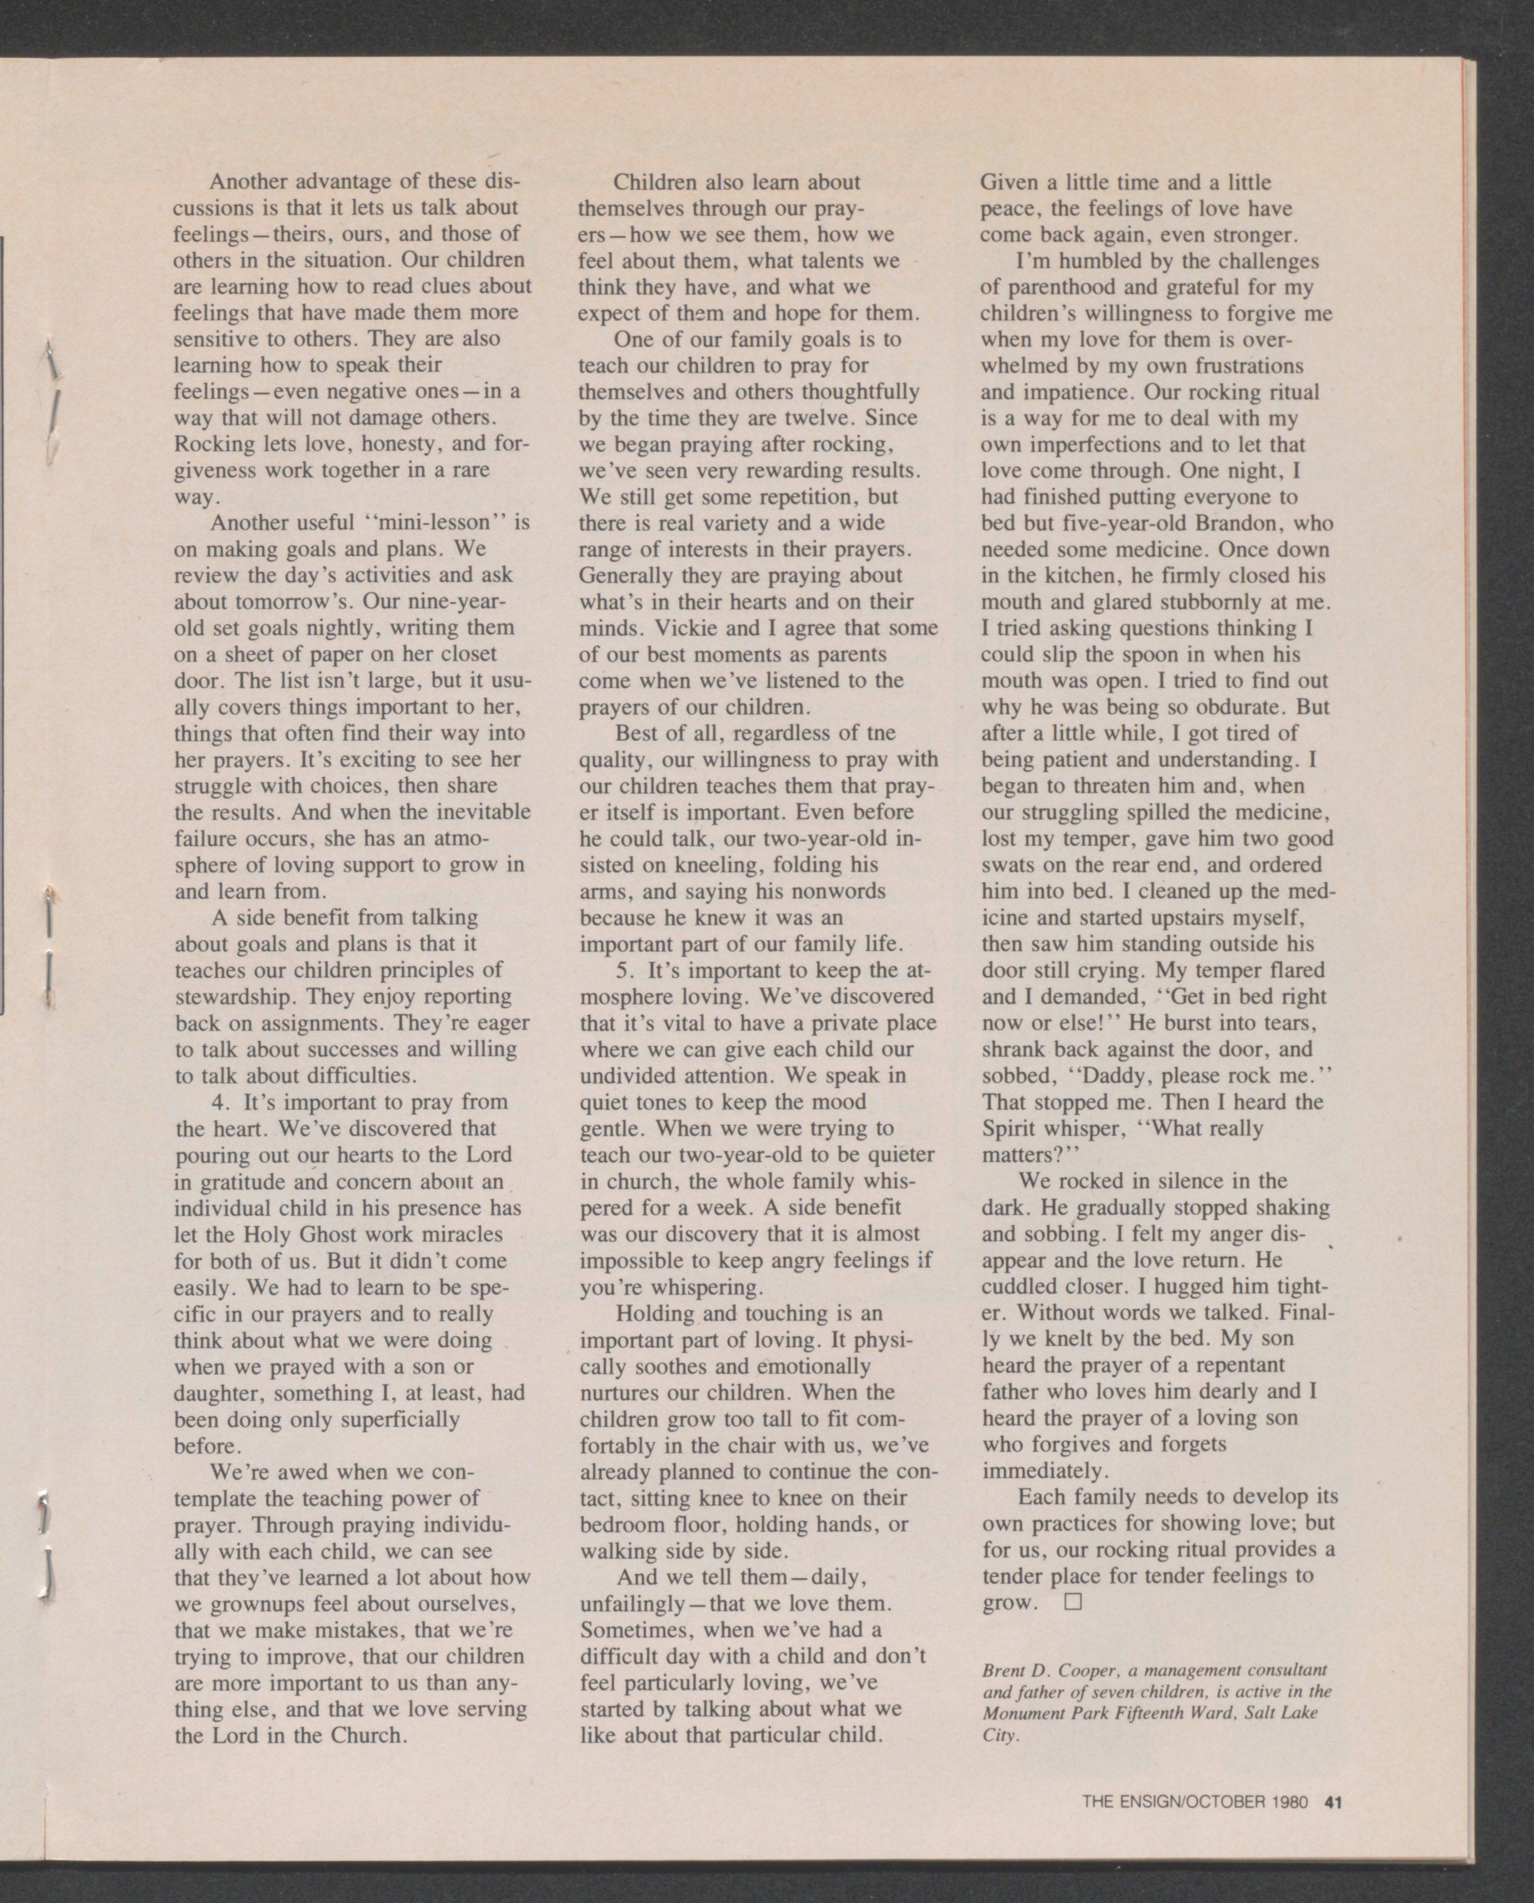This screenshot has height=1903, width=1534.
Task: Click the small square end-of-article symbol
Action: click(x=1073, y=1602)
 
